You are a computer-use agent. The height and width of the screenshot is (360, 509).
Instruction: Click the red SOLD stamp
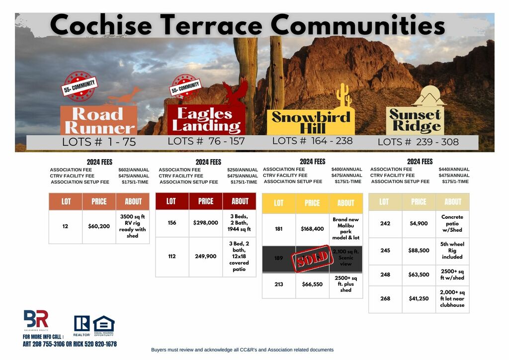pos(312,259)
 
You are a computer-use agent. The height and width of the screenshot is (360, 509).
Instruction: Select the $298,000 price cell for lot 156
pos(205,223)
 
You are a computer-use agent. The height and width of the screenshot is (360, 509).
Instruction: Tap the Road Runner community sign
pos(99,120)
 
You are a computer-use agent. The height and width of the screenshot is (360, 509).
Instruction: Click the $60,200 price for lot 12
pos(99,226)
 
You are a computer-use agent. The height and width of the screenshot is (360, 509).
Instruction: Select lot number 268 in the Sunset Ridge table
pos(385,298)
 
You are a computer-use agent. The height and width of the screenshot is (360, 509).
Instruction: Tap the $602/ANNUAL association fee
pos(134,170)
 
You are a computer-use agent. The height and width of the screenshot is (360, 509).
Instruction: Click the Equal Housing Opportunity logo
pos(103,325)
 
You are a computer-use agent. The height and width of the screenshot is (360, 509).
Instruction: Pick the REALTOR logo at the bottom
pos(82,325)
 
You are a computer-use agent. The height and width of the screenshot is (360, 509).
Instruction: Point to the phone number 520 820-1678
pos(99,344)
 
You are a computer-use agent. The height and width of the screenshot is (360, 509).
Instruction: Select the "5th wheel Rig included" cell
pos(452,251)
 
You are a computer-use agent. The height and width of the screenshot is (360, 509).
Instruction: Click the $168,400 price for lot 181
pos(312,229)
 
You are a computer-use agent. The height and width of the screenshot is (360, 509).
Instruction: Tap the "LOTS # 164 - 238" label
pos(312,141)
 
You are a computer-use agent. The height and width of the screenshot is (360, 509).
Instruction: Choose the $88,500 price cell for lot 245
pos(419,251)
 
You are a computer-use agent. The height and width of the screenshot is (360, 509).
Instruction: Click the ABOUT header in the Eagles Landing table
pos(240,201)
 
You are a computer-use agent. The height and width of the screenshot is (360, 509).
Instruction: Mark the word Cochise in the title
pos(100,25)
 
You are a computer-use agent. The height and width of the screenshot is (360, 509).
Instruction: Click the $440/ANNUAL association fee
pos(454,170)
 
